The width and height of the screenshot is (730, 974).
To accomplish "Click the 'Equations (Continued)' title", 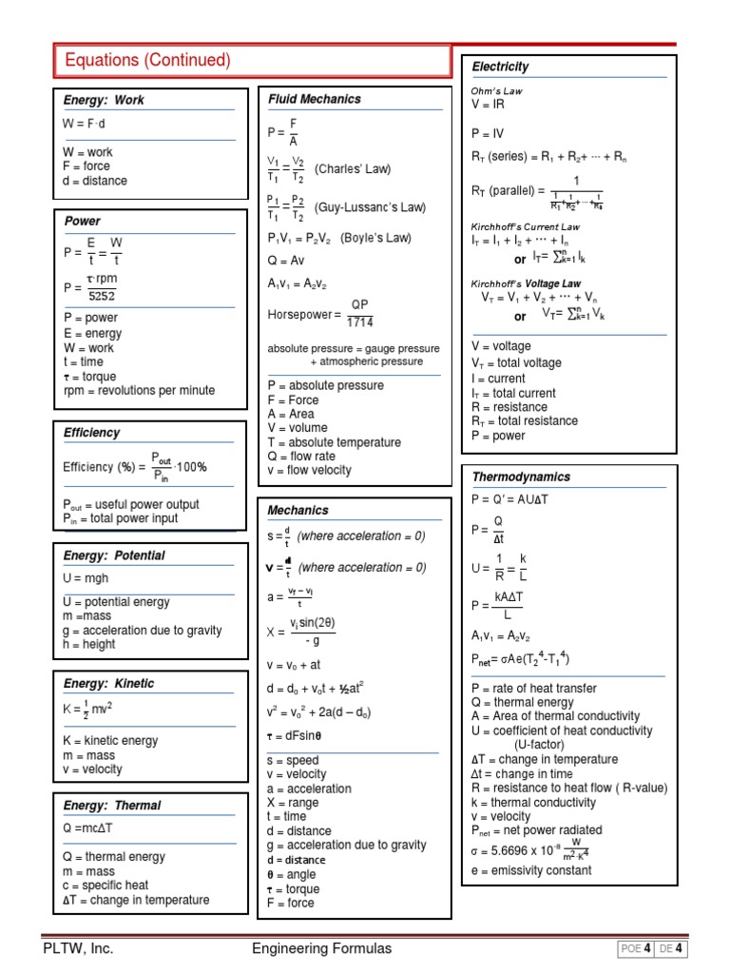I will pos(147,61).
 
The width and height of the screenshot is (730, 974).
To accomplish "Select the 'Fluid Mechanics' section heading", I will pos(315,99).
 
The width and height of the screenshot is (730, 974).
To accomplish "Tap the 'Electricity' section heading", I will pos(500,67).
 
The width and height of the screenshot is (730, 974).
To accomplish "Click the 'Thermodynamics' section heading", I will pos(521,477).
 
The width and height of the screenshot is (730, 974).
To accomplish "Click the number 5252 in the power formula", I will pos(102,296).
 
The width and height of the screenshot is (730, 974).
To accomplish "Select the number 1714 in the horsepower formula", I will pos(359,321).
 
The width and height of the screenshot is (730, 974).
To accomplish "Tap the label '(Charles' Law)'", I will pos(352,169).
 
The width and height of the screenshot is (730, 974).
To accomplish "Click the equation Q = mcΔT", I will pos(87,828).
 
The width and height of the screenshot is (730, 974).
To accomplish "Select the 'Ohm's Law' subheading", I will pos(497,90).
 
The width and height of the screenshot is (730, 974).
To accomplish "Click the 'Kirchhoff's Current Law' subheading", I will pos(526,227).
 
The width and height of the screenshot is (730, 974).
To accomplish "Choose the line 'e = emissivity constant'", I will pos(531,870).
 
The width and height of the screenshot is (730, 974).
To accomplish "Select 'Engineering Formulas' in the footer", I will pos(321,948).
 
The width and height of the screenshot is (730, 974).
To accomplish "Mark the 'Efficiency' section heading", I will pos(92,433).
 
